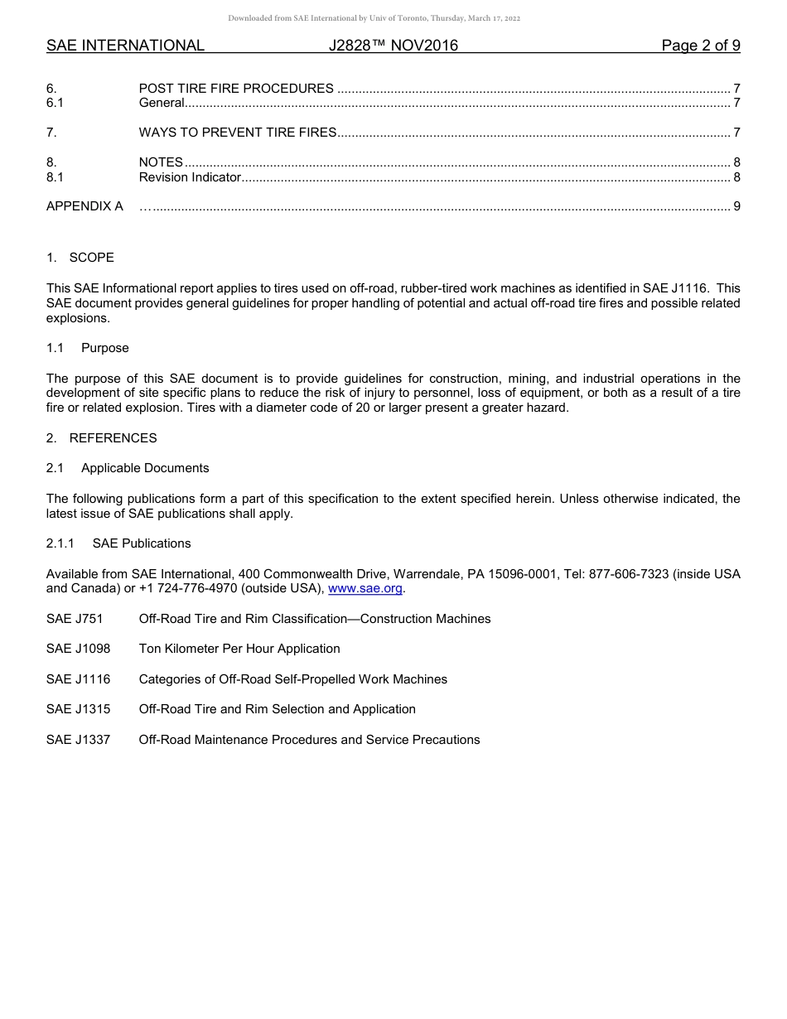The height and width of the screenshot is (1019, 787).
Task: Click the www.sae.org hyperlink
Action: pyautogui.click(x=365, y=589)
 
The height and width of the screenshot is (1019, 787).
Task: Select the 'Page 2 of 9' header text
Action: pyautogui.click(x=700, y=46)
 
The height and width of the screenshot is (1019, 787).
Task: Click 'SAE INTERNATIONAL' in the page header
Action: pyautogui.click(x=125, y=46)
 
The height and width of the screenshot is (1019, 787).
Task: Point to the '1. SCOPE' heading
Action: pyautogui.click(x=80, y=258)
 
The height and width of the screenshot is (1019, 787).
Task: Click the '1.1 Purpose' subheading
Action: pyautogui.click(x=88, y=348)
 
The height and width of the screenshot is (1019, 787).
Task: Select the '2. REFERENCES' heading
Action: pyautogui.click(x=101, y=438)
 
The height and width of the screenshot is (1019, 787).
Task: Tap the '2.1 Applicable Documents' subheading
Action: pyautogui.click(x=128, y=468)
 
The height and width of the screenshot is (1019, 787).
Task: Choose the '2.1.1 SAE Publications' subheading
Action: pyautogui.click(x=118, y=543)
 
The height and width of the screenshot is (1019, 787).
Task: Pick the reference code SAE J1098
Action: pyautogui.click(x=78, y=649)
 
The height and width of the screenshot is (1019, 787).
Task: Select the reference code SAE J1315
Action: pyautogui.click(x=78, y=709)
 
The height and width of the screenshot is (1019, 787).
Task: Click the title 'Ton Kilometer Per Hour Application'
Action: pyautogui.click(x=239, y=649)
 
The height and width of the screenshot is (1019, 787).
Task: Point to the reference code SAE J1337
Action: pyautogui.click(x=78, y=740)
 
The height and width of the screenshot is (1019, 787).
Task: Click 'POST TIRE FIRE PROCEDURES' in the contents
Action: pyautogui.click(x=236, y=89)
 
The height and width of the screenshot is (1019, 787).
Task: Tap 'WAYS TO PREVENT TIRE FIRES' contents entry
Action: pyautogui.click(x=238, y=133)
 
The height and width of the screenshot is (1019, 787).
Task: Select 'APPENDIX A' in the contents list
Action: pyautogui.click(x=84, y=206)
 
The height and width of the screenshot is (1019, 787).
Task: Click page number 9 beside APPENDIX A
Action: pyautogui.click(x=736, y=206)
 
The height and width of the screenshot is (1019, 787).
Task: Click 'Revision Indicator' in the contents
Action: pyautogui.click(x=190, y=177)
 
